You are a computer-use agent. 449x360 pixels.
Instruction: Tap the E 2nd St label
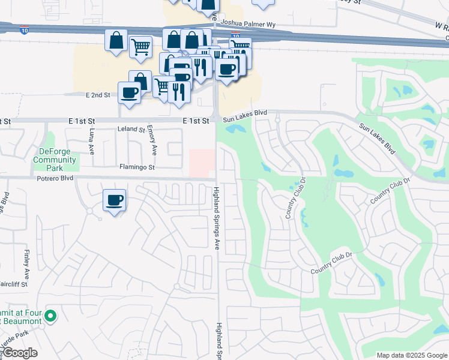coord(98,95)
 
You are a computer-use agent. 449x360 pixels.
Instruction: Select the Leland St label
coord(132,129)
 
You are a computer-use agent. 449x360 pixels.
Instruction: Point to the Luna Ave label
coord(92,142)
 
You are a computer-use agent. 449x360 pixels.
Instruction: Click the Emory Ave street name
coord(154,142)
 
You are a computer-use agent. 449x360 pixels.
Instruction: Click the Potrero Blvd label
coord(53,178)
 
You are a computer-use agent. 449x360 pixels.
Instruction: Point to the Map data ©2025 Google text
coord(411,355)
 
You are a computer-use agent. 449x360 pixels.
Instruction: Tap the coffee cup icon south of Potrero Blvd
coord(113,201)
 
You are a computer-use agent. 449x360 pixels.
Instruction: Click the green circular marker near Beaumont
coord(51,315)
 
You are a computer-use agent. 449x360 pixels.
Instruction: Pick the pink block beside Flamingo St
coord(201,163)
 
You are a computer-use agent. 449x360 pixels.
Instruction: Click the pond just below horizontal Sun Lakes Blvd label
coord(235,128)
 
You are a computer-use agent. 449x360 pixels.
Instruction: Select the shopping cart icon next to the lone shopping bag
coord(140,46)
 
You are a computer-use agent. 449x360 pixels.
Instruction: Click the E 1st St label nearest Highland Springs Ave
coord(197,121)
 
